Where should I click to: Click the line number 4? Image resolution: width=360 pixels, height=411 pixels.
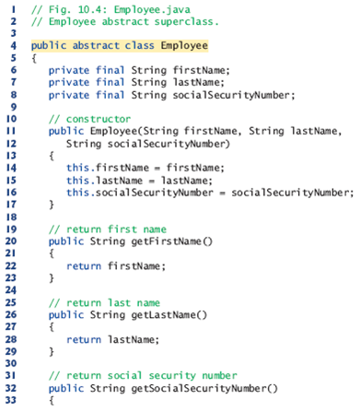tap(8, 44)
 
